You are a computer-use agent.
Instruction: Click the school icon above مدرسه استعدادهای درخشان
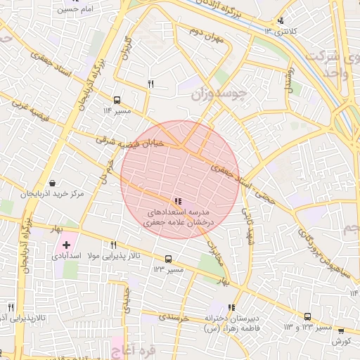176,201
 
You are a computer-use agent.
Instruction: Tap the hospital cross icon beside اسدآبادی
66,245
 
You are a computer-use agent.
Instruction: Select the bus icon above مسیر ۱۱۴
117,100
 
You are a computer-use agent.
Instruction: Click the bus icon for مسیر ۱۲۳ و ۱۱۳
307,317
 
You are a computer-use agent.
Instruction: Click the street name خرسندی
174,318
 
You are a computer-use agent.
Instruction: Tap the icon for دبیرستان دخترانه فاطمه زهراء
231,307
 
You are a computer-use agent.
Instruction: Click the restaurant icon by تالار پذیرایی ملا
113,245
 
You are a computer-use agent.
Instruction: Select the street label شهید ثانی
247,218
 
